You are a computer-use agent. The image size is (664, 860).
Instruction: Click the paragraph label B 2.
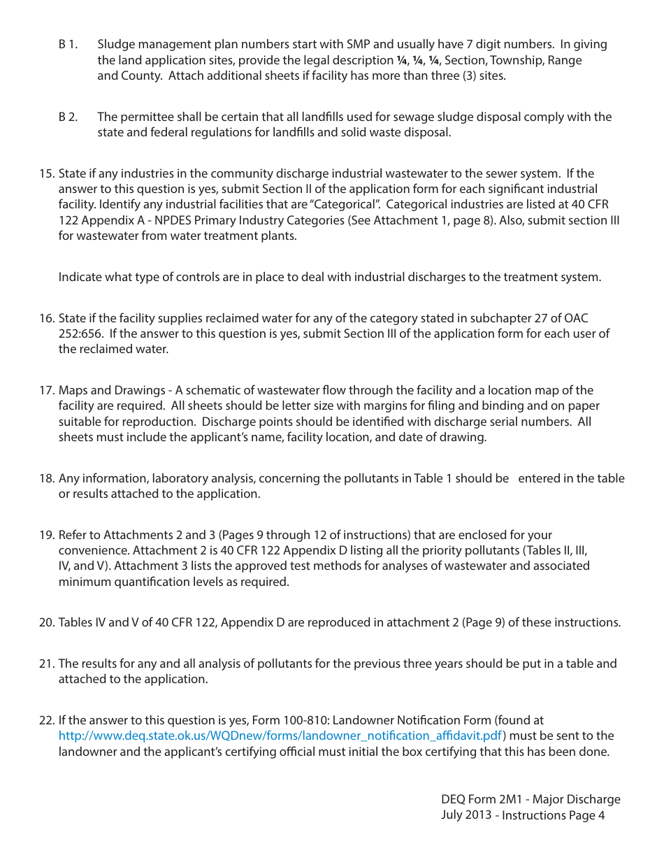click(68, 117)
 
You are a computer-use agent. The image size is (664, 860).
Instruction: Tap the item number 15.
click(47, 173)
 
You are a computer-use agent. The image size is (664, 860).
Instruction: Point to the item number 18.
click(47, 479)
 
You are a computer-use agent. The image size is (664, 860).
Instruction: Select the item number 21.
click(47, 664)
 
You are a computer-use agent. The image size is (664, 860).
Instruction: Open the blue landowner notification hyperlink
click(280, 736)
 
